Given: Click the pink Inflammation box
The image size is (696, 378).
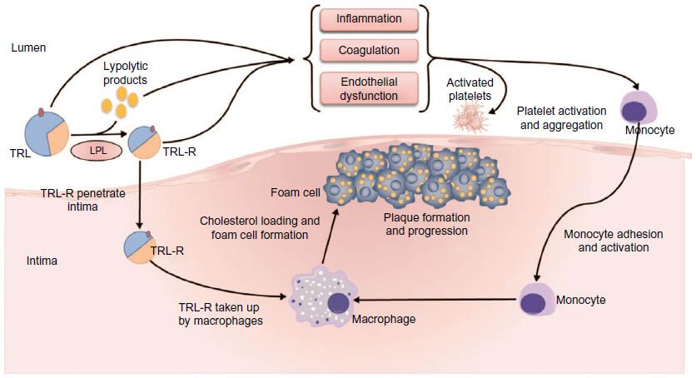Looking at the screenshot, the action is click(369, 19).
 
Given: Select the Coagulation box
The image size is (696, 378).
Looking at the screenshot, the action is click(369, 51).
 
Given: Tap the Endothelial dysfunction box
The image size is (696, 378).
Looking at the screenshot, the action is click(369, 89).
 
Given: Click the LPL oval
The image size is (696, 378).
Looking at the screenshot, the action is click(97, 151).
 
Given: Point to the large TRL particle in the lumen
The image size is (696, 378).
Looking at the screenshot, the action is click(46, 133).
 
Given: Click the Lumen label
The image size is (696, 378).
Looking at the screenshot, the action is click(28, 47).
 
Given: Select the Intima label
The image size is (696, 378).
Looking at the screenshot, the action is click(42, 261).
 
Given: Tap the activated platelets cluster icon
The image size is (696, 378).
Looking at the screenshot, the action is click(470, 117).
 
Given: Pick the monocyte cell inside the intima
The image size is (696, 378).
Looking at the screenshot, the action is click(537, 299).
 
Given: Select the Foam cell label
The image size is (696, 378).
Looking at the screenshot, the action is click(296, 192).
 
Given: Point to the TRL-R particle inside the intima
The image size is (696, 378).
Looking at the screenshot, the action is click(138, 247).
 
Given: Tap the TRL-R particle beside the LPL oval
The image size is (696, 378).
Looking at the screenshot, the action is click(144, 142).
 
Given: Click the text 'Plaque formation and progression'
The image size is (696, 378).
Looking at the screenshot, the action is click(426, 224).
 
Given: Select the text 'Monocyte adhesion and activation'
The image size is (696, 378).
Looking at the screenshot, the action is click(614, 241).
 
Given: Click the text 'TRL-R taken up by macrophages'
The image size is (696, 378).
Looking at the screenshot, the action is click(221, 314).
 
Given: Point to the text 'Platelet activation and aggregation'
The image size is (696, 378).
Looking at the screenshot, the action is click(561, 118).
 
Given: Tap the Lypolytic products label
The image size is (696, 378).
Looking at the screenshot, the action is click(125, 72).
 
